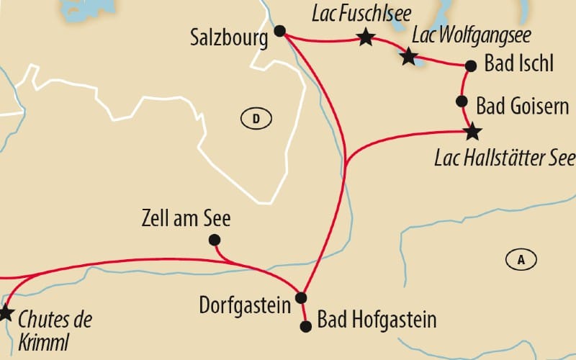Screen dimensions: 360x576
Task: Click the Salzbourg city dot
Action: (280, 31)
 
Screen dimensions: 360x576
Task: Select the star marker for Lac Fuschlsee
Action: (366, 37)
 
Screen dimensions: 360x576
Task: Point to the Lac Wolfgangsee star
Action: (409, 56)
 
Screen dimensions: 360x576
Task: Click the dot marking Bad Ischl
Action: (471, 66)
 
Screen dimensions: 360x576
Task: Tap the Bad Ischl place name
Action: (519, 66)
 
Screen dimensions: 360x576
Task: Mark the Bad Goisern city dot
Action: (463, 102)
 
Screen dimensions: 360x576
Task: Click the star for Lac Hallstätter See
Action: (472, 132)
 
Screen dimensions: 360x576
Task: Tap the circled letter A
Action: (521, 259)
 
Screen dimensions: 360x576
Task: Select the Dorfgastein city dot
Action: (302, 298)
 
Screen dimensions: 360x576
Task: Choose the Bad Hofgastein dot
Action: (306, 326)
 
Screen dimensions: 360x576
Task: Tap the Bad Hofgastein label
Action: (377, 319)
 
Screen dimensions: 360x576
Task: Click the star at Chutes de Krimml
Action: (6, 313)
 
